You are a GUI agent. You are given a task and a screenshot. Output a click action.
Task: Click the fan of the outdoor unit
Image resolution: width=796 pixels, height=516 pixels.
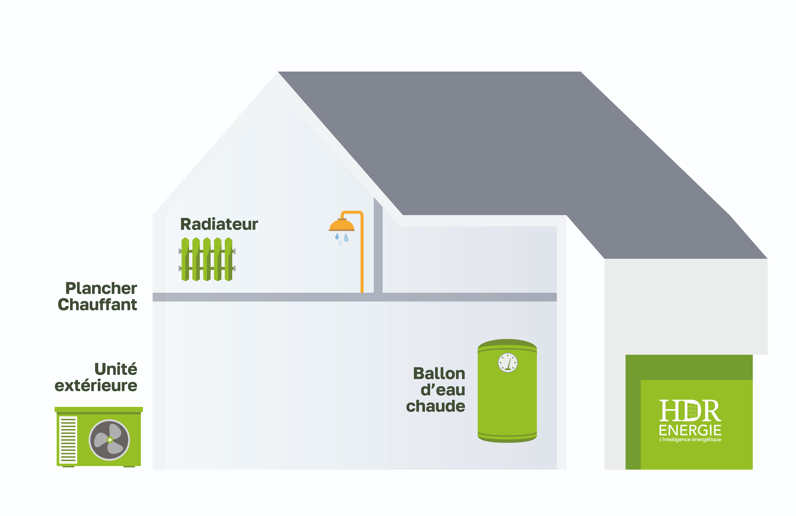coord(109,440)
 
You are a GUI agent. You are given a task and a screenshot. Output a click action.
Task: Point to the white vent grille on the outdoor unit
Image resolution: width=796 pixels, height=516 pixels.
coord(68,440)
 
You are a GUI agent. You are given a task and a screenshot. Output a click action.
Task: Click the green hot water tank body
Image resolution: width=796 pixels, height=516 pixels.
coord(507,404)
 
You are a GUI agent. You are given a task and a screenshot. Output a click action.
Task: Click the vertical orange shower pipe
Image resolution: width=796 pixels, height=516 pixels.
coord(362,257)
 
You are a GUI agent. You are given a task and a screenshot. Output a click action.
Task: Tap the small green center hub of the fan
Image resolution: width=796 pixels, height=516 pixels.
coord(110,440)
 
